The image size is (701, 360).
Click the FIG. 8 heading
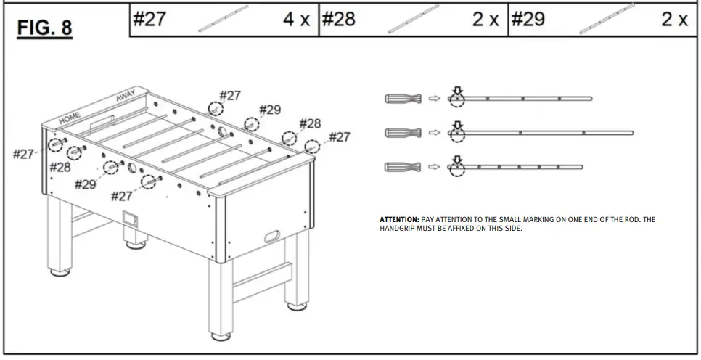(x=45, y=28)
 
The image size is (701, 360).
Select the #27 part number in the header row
(x=149, y=20)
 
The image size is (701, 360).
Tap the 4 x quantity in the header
(x=296, y=20)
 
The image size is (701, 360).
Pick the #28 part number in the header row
(x=339, y=20)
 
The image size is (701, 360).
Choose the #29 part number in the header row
(x=528, y=20)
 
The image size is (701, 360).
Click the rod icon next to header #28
(x=414, y=20)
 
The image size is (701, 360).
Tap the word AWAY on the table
(x=126, y=96)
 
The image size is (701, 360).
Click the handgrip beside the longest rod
(x=403, y=133)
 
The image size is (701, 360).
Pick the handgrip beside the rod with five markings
(x=403, y=168)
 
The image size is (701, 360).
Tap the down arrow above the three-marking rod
(x=456, y=91)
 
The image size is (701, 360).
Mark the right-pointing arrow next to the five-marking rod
(x=435, y=168)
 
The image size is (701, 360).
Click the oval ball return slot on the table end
(x=272, y=236)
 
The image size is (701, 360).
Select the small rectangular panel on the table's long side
(x=131, y=217)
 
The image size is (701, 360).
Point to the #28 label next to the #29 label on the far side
(x=310, y=123)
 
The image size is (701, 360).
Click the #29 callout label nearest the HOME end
(x=85, y=184)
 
